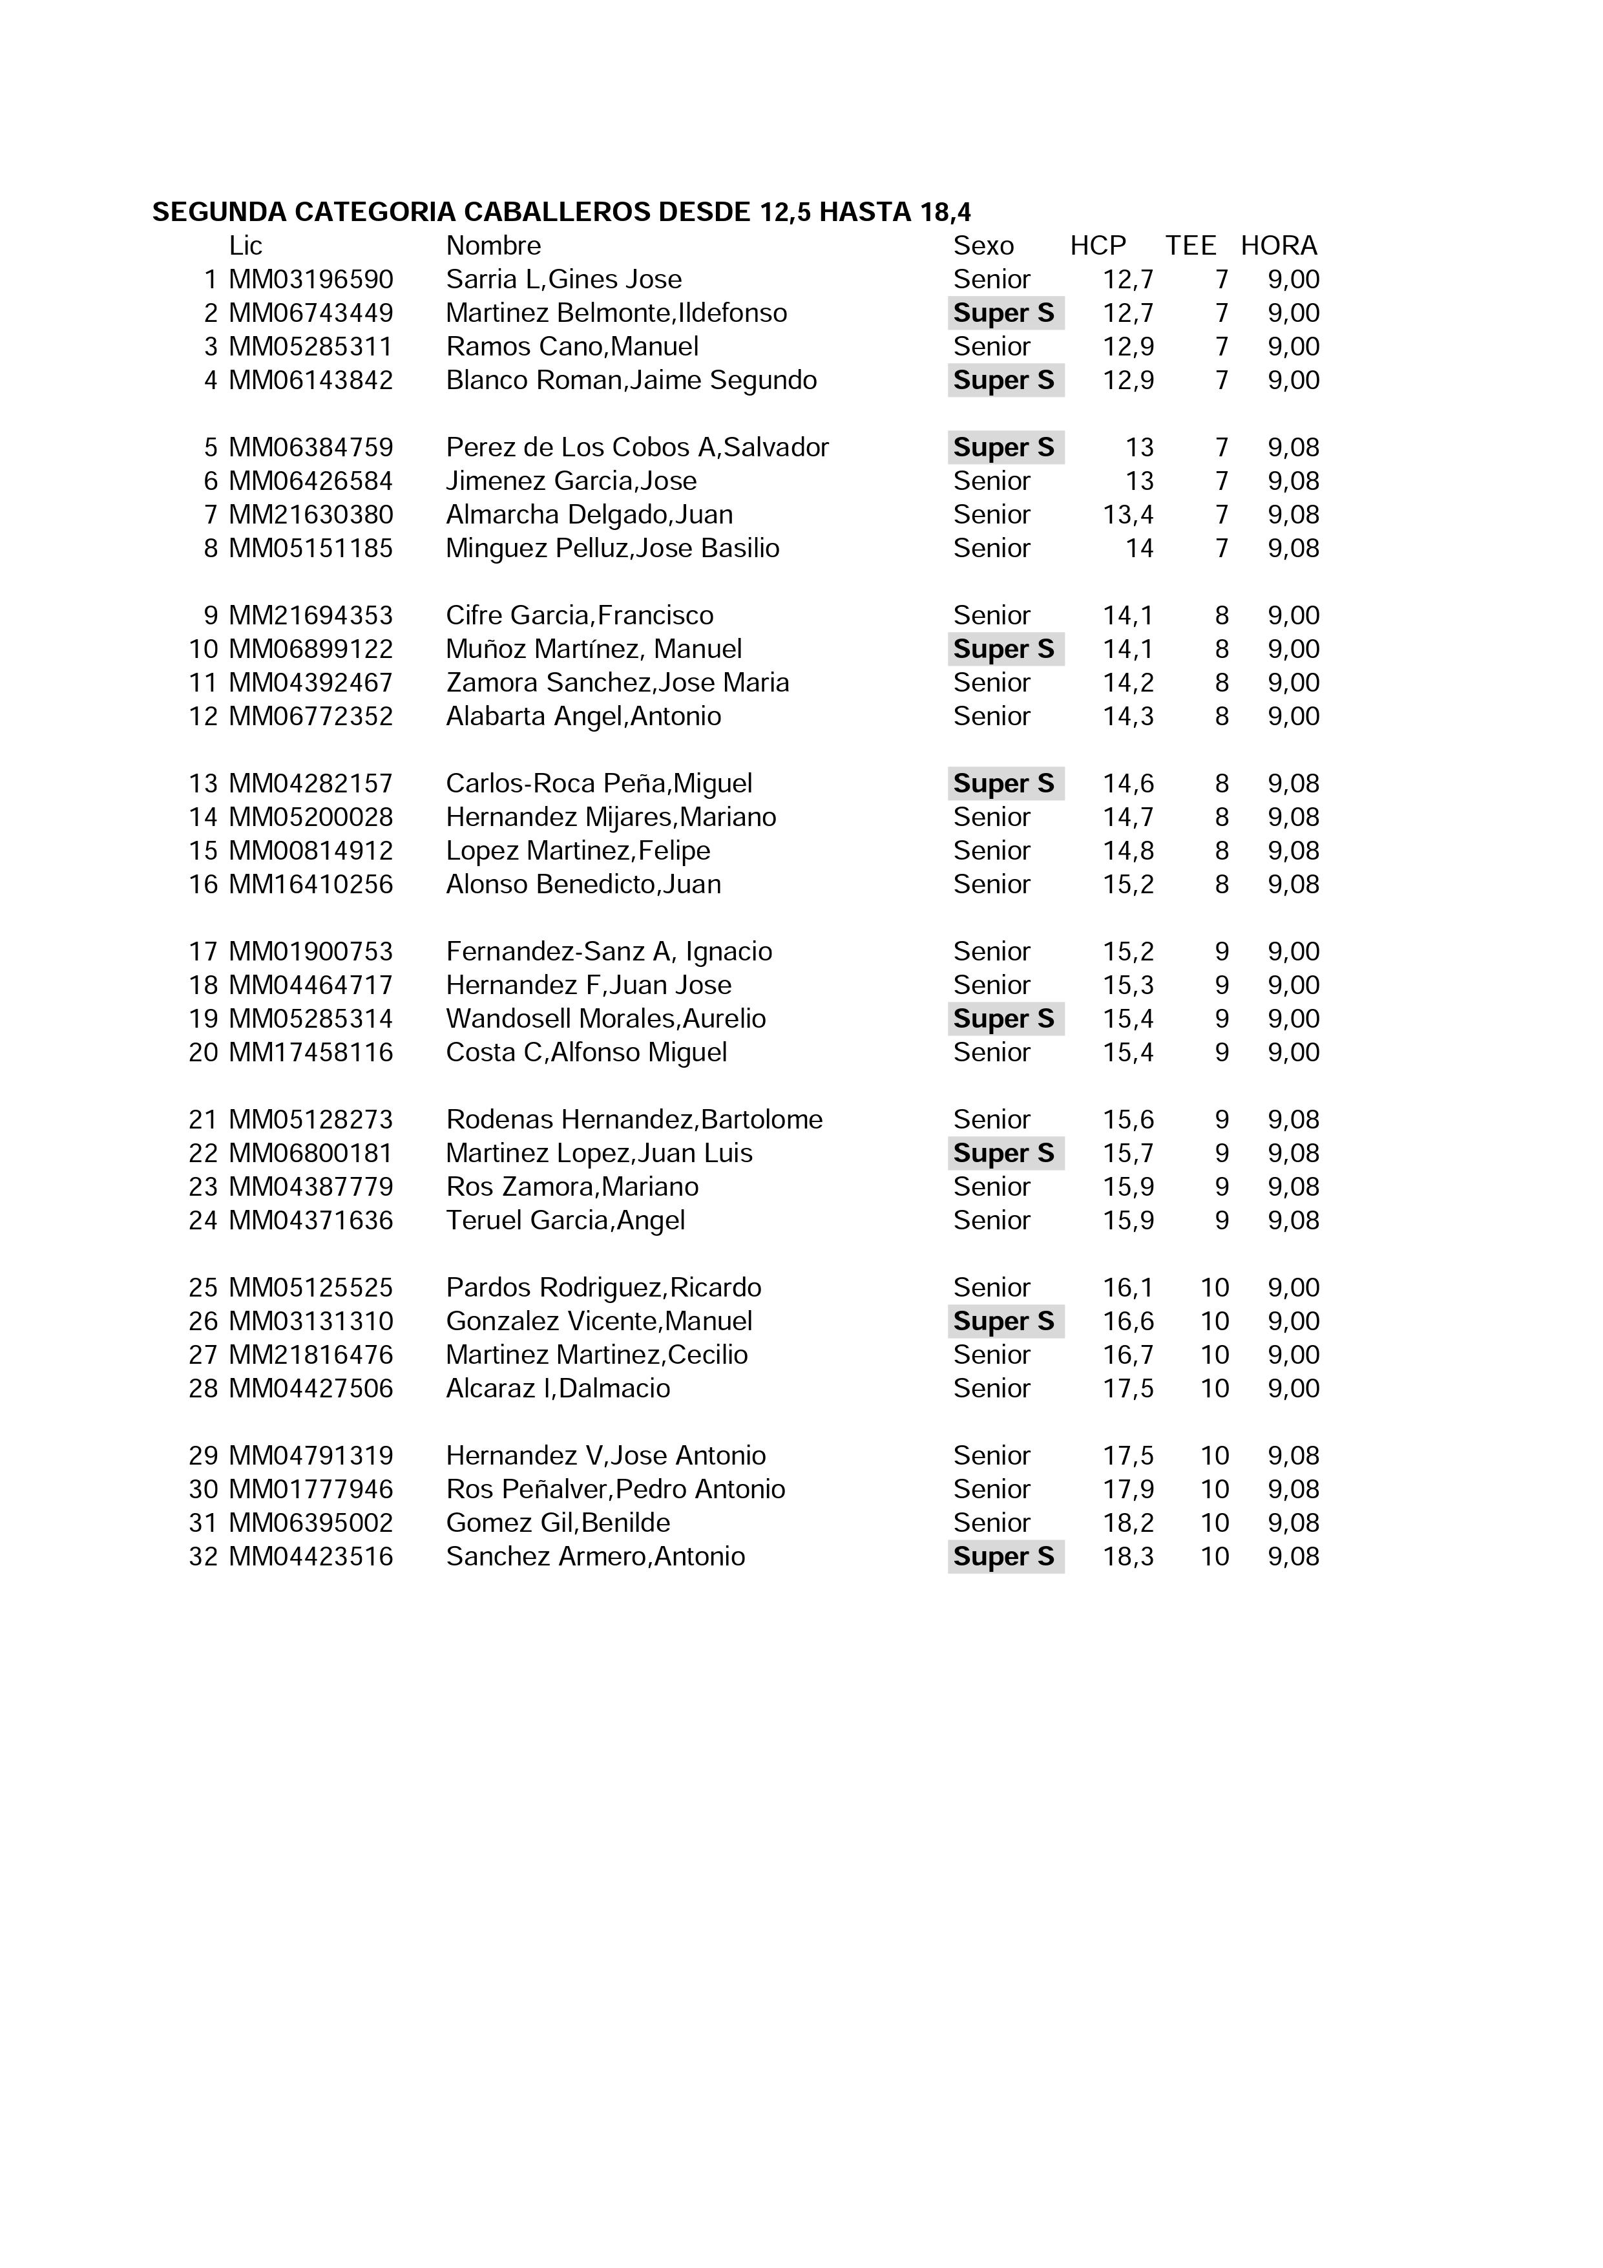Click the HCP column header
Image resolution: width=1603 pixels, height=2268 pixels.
click(x=1097, y=246)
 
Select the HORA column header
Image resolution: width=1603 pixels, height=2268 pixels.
click(x=1279, y=246)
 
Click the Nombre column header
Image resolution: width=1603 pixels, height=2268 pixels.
click(x=494, y=246)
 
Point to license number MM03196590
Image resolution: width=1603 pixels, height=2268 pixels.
click(x=311, y=280)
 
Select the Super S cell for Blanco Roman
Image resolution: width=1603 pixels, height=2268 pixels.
click(x=1005, y=380)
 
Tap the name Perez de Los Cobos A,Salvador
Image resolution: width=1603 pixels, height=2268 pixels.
click(x=637, y=447)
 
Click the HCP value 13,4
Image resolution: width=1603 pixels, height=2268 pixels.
click(x=1128, y=514)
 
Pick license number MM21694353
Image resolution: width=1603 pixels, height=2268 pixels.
click(x=311, y=615)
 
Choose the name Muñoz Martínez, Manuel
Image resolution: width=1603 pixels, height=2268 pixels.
click(x=594, y=649)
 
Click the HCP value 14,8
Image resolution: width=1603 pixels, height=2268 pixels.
click(x=1128, y=851)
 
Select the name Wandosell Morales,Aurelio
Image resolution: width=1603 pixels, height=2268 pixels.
click(x=605, y=1019)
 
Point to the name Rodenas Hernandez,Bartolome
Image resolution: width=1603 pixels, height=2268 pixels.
click(x=634, y=1119)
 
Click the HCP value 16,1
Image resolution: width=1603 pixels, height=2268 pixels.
click(x=1128, y=1287)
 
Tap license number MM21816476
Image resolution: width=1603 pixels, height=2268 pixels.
click(x=311, y=1354)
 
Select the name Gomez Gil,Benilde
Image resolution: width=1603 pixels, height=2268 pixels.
click(x=558, y=1522)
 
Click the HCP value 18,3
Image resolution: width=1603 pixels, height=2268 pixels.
click(x=1128, y=1556)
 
